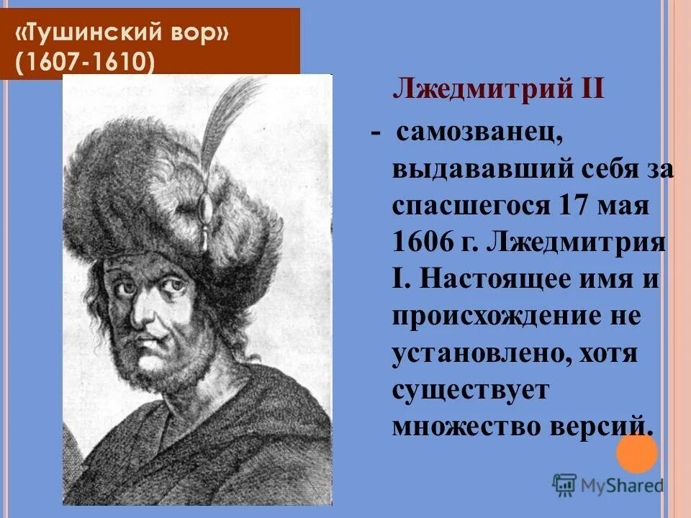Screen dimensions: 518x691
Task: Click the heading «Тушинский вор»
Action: click(124, 35)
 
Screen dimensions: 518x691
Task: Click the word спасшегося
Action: click(470, 207)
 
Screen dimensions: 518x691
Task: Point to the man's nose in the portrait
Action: click(148, 309)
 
